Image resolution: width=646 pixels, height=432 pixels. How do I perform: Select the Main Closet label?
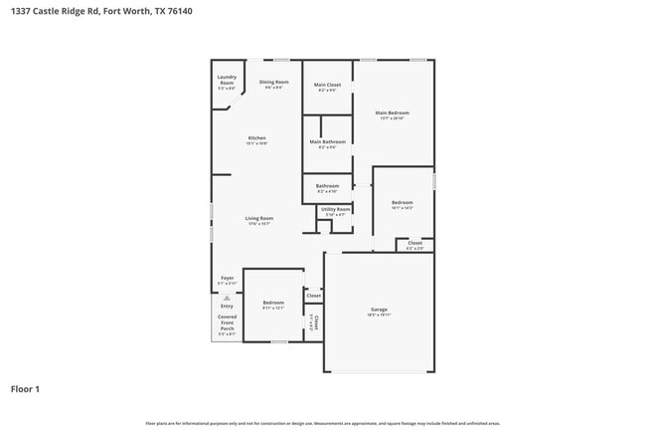pos(328,85)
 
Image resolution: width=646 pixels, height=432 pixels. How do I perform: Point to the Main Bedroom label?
pos(392,112)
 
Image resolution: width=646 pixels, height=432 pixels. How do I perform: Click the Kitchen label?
pos(256,138)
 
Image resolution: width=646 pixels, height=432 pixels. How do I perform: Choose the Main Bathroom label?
pos(327,142)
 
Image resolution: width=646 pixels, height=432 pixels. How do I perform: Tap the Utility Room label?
pos(335,209)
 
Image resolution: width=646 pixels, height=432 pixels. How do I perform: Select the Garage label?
pos(378,310)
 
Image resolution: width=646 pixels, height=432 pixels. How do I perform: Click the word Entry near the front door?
pos(227,306)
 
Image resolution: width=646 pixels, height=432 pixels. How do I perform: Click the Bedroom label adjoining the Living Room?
pos(273,303)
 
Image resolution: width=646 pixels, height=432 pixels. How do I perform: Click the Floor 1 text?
pos(25,389)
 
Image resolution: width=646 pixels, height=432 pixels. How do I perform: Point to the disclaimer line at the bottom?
pos(322,423)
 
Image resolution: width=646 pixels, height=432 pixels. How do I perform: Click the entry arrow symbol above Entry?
pos(227,297)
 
